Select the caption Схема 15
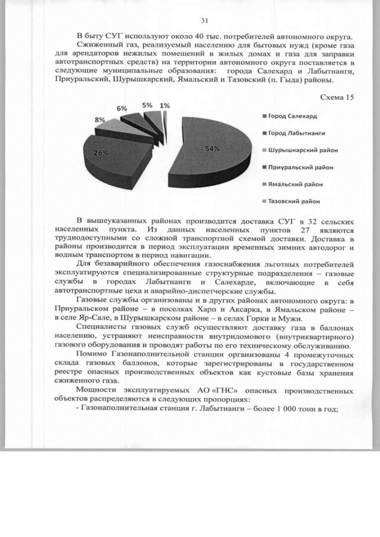[x=337, y=97]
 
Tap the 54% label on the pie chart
[x=214, y=148]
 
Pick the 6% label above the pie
[x=121, y=109]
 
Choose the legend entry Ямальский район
[x=294, y=184]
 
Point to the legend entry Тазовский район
[x=294, y=201]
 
